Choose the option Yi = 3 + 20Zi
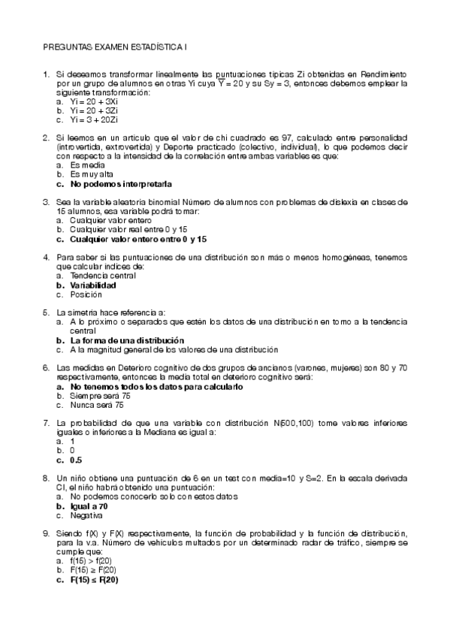click(94, 119)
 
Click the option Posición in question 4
click(86, 294)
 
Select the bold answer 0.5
click(76, 459)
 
